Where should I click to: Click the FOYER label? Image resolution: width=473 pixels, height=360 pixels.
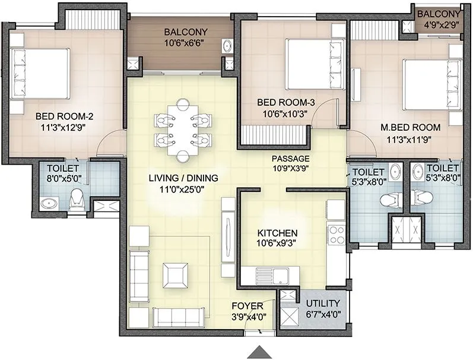(x=248, y=306)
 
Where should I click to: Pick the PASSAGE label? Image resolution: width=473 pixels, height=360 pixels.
(x=291, y=159)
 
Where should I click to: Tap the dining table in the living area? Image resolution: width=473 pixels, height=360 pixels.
(x=182, y=130)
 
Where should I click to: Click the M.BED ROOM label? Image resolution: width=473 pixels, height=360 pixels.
(x=410, y=127)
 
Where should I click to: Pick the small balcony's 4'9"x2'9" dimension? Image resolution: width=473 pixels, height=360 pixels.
(x=438, y=26)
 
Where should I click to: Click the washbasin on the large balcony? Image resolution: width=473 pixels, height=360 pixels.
(x=226, y=45)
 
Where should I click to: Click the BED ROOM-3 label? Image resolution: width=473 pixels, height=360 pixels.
(x=285, y=103)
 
